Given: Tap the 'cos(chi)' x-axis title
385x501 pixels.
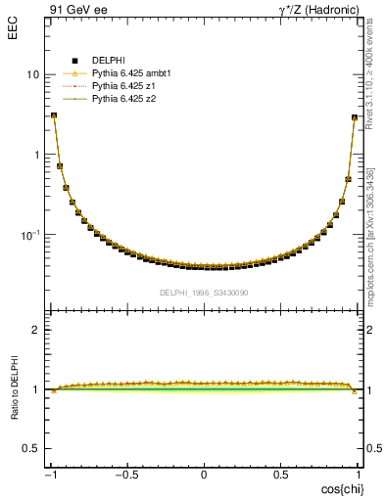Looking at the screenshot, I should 339,488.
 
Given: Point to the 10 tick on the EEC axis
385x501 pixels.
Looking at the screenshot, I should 33,74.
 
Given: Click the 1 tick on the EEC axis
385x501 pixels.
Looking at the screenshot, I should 36,155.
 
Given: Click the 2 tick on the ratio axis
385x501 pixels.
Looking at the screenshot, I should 36,330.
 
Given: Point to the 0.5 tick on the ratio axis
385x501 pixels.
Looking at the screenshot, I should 31,448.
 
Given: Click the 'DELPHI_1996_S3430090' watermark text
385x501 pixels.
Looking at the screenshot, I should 204,293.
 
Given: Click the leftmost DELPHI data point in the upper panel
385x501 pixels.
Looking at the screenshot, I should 53,115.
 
